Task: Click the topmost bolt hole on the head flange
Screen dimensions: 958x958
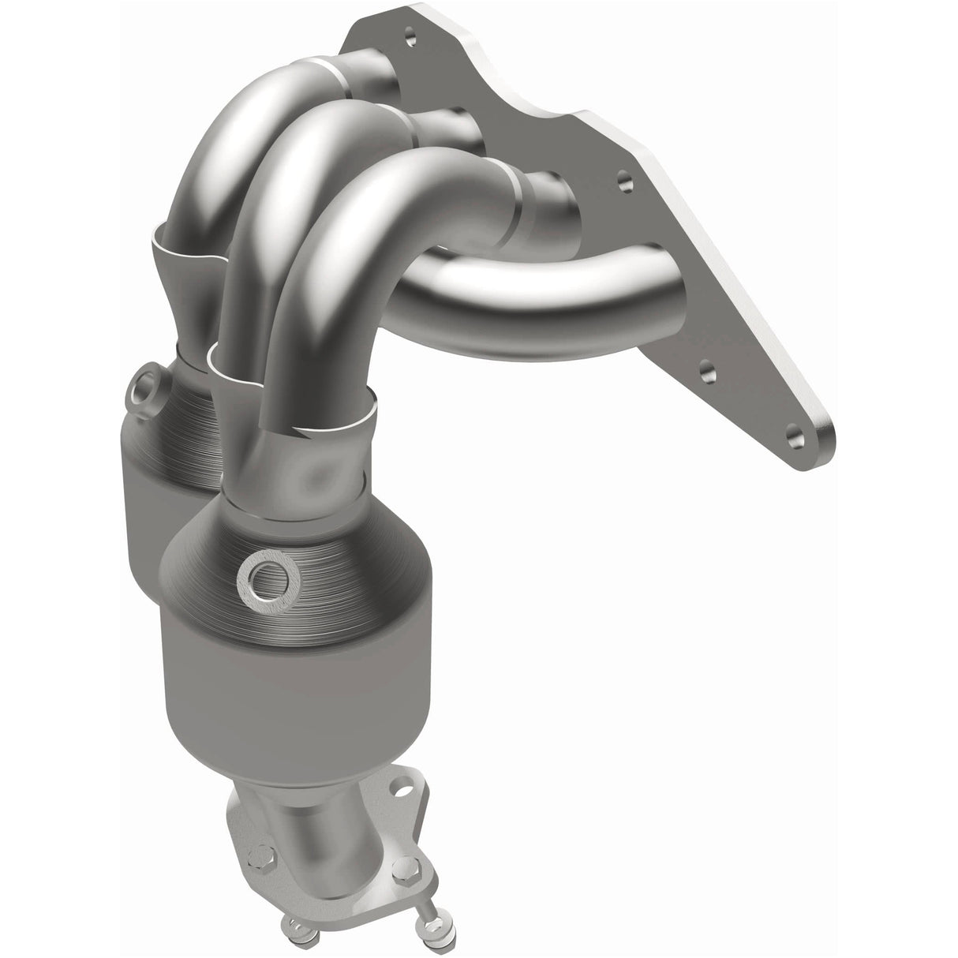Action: tap(408, 36)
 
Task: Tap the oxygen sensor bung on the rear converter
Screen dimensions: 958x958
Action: tap(145, 389)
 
